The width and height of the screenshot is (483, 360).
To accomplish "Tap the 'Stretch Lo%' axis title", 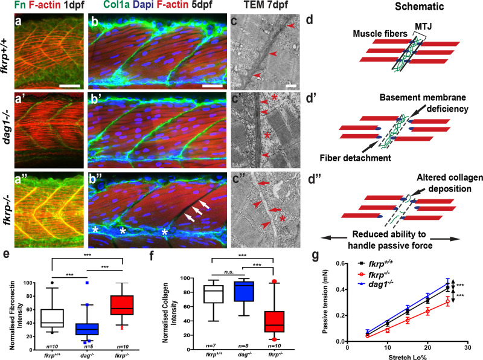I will [x=407, y=355].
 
